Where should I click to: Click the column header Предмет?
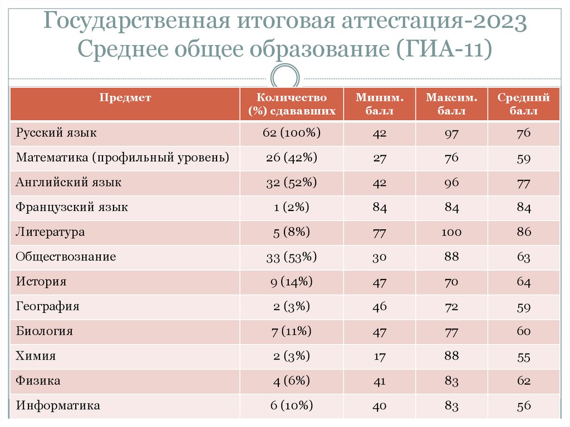click(125, 98)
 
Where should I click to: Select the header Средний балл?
click(523, 104)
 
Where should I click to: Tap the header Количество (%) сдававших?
click(292, 104)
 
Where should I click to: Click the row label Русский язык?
click(56, 134)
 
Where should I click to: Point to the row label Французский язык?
click(72, 208)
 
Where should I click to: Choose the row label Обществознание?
click(66, 257)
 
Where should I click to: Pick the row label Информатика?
click(58, 406)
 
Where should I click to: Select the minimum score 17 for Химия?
click(379, 357)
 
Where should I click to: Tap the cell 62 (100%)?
click(292, 134)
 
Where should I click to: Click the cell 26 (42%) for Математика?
click(292, 158)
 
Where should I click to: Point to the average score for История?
click(523, 282)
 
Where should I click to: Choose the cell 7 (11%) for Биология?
click(292, 332)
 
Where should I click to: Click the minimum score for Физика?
click(379, 381)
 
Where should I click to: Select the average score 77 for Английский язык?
click(523, 183)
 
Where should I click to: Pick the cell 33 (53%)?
click(292, 257)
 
